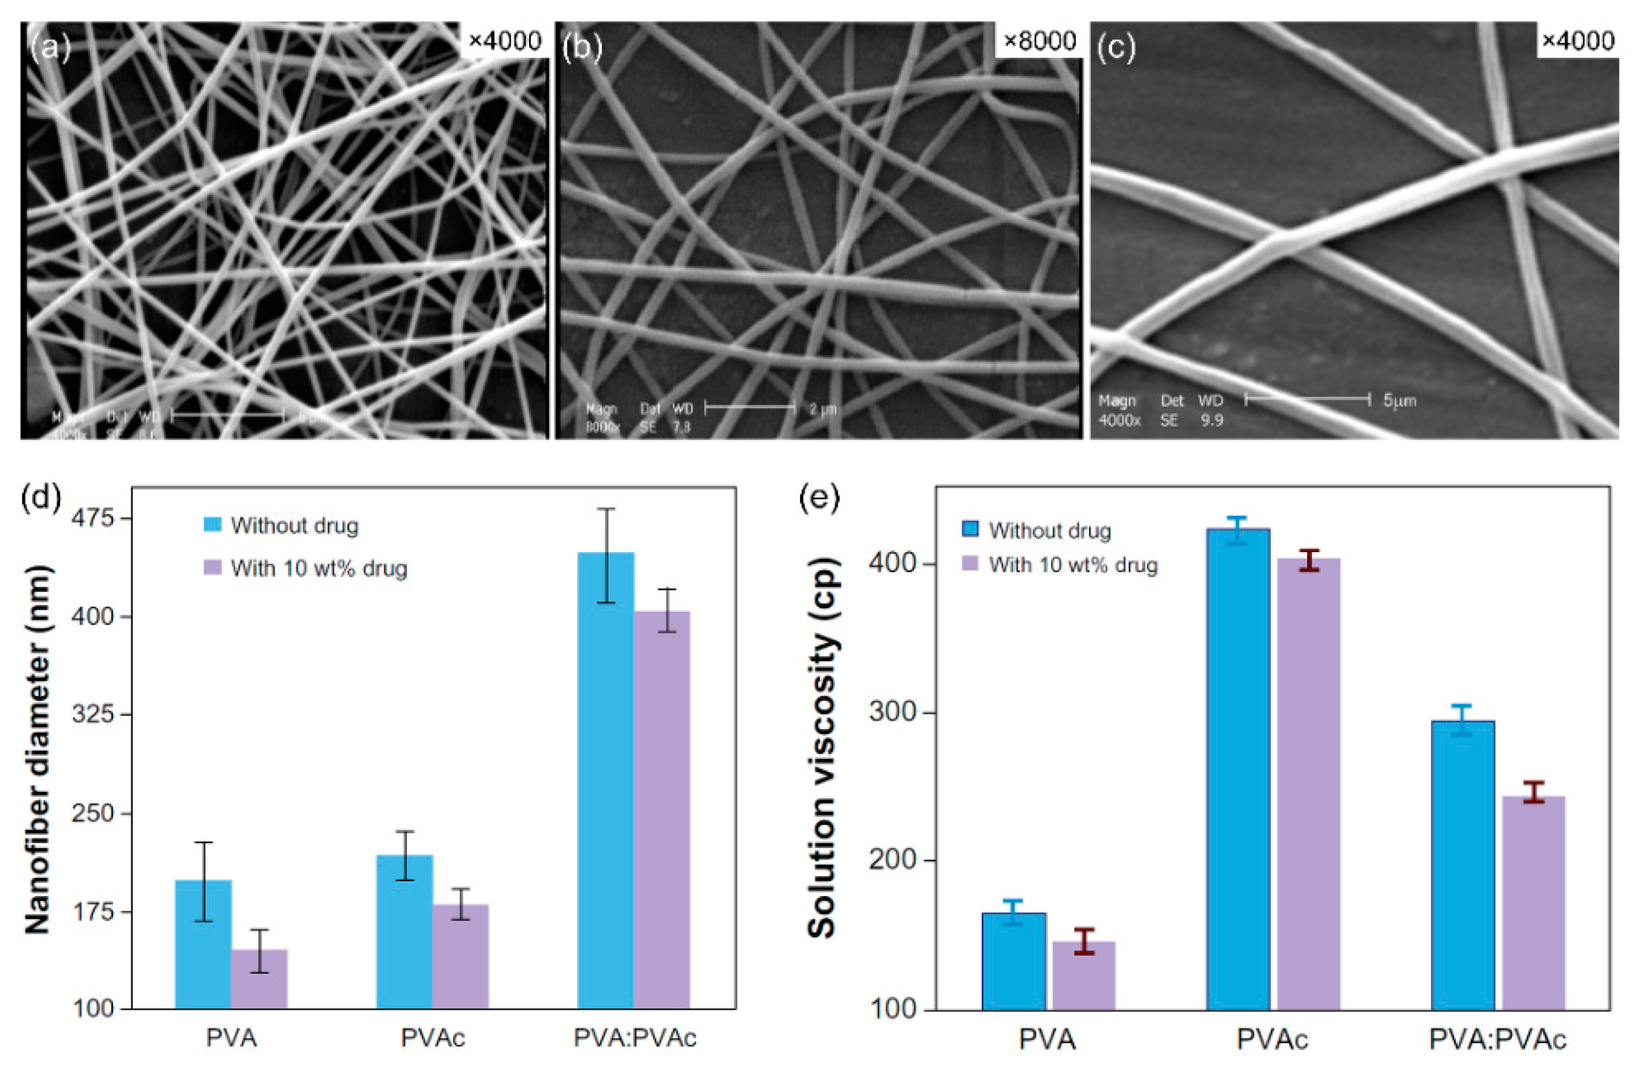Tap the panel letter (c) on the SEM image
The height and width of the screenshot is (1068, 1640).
pos(1116,48)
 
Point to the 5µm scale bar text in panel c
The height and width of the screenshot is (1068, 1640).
pos(1399,400)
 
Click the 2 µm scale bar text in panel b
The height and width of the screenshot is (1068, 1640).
pos(823,409)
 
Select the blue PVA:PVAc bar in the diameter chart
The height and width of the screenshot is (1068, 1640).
pos(606,779)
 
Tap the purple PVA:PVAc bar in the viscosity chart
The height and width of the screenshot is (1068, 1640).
pos(1533,903)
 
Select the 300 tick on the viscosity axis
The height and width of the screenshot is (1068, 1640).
pos(892,712)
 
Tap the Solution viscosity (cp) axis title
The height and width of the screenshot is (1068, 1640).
pos(822,748)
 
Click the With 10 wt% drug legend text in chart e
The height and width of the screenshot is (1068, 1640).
pos(1073,565)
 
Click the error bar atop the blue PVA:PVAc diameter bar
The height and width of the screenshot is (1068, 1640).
pos(606,555)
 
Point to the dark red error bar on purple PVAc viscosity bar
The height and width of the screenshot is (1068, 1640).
pos(1308,560)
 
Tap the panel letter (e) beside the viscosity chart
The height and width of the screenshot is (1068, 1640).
pos(819,498)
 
